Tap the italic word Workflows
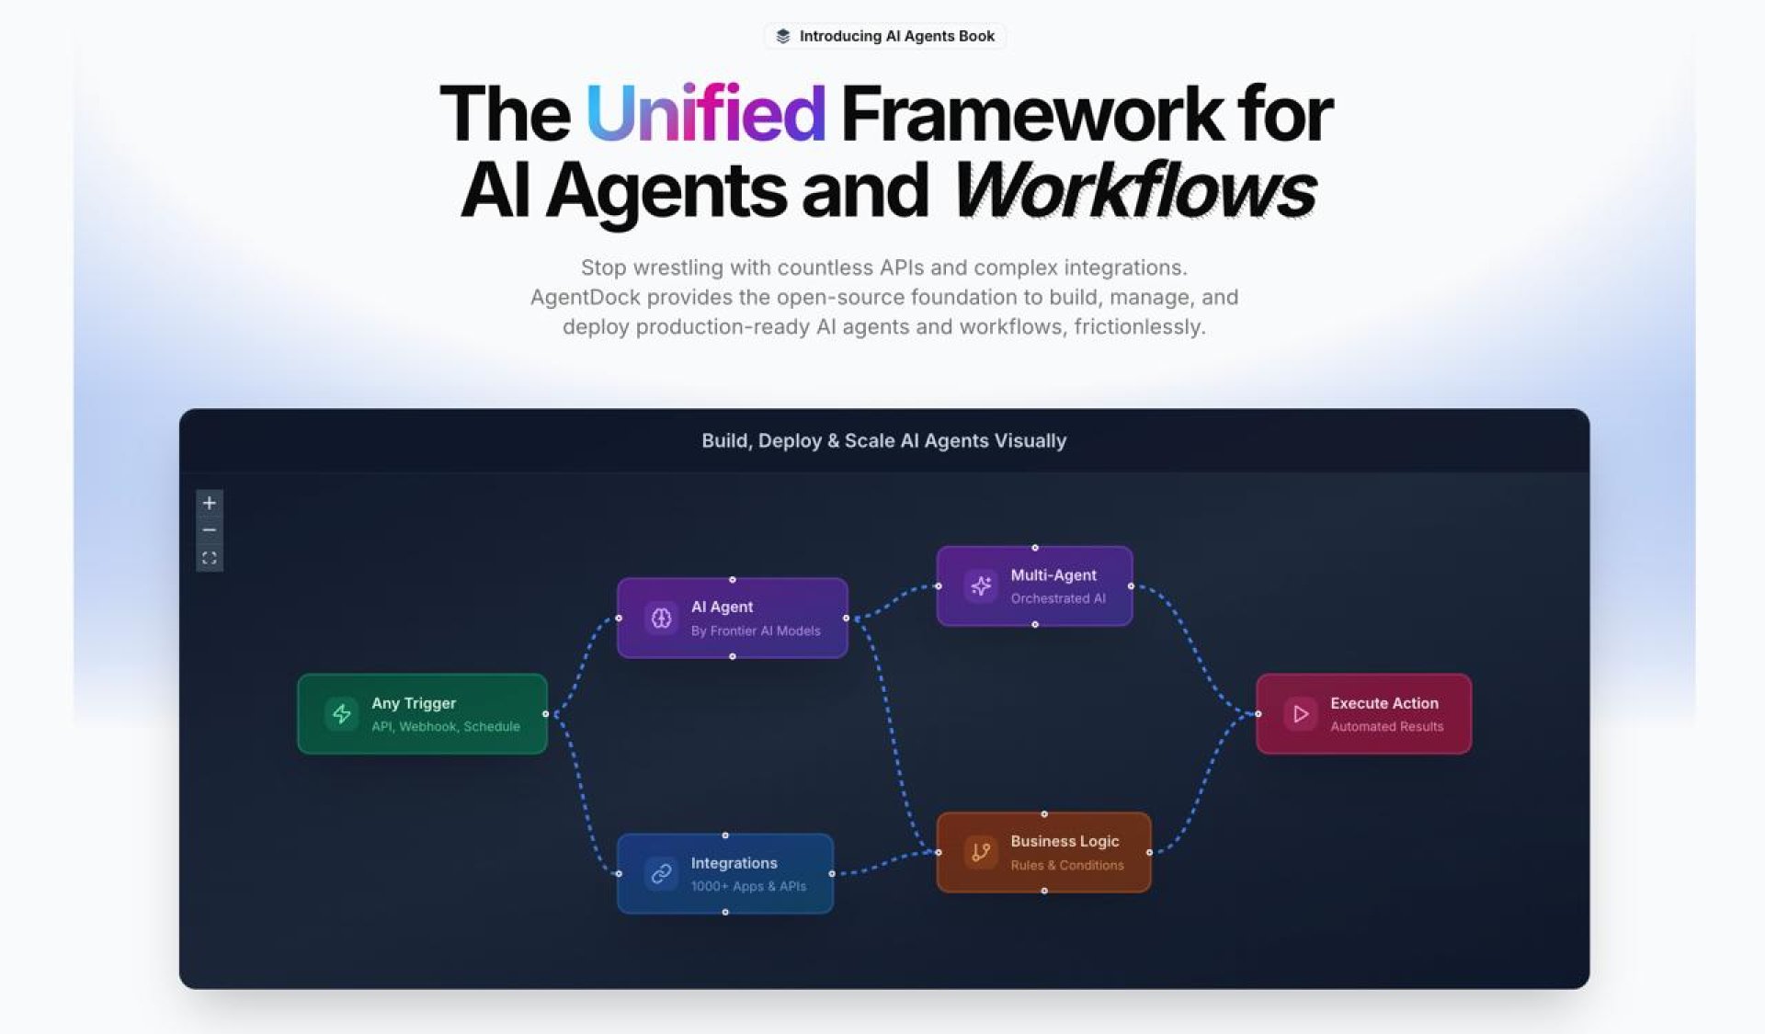click(1135, 189)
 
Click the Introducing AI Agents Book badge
click(884, 36)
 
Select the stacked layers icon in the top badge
click(782, 36)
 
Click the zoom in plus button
click(210, 503)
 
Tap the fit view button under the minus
click(210, 558)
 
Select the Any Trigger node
click(422, 714)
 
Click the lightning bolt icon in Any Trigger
click(342, 714)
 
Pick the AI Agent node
click(732, 618)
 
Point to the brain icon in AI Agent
click(661, 619)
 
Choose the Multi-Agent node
click(1034, 585)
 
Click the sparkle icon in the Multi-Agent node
click(981, 585)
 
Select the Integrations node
click(725, 873)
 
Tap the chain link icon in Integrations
click(661, 873)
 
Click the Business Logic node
click(1043, 852)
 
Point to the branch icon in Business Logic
click(981, 852)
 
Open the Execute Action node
click(1363, 714)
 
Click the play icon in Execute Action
click(1301, 714)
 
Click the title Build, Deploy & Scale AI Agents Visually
click(884, 441)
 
